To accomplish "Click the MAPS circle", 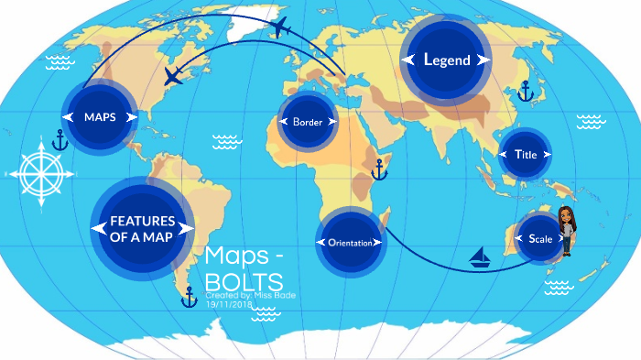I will (99, 117).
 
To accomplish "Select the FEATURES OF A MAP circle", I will (143, 228).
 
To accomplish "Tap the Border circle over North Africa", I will (308, 122).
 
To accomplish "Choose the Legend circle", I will (446, 60).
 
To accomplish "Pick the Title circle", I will (526, 155).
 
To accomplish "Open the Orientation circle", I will (349, 243).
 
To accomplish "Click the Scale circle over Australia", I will (540, 238).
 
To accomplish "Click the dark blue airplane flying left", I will (173, 75).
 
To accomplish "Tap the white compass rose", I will (38, 171).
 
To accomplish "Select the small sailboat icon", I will (481, 257).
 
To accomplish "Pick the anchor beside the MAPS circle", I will (60, 140).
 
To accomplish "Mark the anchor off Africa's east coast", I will (379, 169).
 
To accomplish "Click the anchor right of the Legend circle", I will (526, 90).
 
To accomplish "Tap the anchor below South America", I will (190, 296).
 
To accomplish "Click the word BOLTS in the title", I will (244, 280).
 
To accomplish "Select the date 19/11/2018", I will (228, 304).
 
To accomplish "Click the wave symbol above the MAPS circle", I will (60, 62).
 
